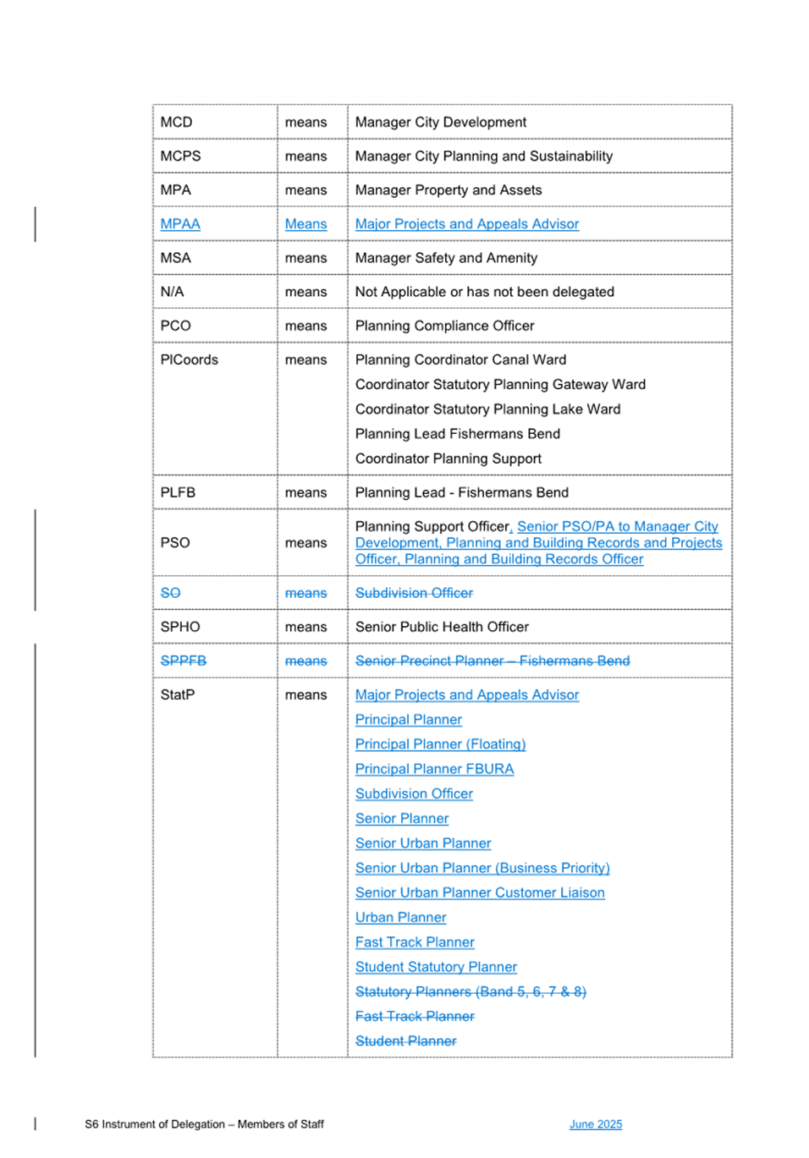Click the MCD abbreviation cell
176,123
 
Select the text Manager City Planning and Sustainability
483,156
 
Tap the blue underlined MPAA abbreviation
180,224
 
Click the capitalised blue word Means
305,224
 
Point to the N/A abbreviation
172,292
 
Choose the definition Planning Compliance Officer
444,326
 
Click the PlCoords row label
189,359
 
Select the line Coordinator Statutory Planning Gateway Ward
499,385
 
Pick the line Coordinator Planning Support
448,458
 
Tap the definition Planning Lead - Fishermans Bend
461,492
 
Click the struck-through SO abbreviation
170,593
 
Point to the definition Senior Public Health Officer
442,627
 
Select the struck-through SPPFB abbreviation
183,661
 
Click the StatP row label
177,694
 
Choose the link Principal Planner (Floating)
440,744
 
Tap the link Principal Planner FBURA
434,769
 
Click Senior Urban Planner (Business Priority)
482,868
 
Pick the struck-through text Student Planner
405,1041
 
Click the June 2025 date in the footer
595,1124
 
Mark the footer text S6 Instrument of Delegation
155,1124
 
